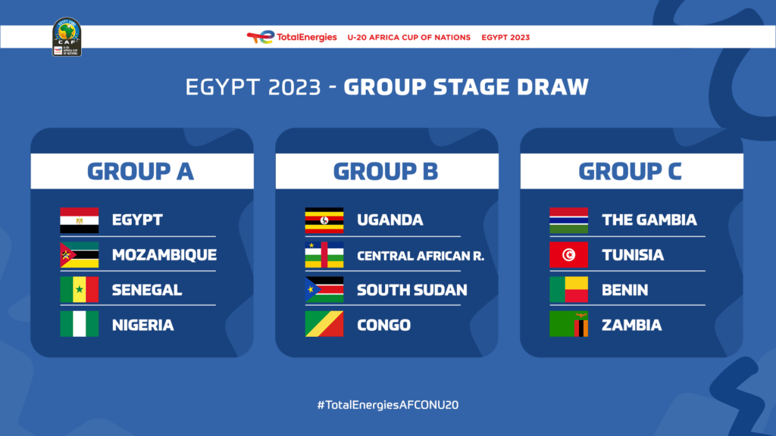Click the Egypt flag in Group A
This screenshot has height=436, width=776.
coord(79,220)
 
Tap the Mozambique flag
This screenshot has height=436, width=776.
coord(79,255)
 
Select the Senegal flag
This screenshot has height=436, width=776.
coord(79,290)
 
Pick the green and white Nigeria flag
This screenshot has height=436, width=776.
coord(79,325)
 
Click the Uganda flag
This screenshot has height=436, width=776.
coord(324,220)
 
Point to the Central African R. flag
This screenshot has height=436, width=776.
coord(324,255)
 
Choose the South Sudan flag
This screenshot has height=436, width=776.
coord(324,290)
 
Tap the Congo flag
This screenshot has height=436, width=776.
coord(324,325)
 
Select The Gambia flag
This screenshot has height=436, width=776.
coord(568,220)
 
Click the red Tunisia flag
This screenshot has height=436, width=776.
coord(568,255)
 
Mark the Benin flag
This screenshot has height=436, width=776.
coord(568,290)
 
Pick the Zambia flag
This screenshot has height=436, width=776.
coord(568,325)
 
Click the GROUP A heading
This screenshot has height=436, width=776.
coord(141,171)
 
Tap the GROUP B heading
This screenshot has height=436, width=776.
coord(386,171)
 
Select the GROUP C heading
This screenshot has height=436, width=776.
coord(630,171)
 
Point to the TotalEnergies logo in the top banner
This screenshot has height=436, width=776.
coord(292,37)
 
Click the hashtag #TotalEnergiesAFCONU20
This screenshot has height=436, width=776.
coord(387,405)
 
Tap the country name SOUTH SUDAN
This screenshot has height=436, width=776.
coord(411,290)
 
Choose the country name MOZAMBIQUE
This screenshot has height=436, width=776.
coord(164,255)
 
